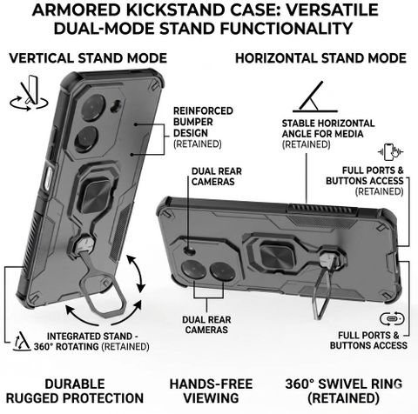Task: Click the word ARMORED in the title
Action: pos(77,10)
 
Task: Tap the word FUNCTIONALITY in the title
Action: pos(286,29)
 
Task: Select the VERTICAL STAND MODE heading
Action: pos(88,58)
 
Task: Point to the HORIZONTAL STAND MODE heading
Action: pos(320,58)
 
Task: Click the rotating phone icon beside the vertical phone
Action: pos(29,93)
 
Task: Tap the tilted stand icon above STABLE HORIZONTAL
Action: pos(315,97)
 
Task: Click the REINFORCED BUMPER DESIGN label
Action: pos(203,127)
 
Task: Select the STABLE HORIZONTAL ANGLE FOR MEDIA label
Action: pos(328,134)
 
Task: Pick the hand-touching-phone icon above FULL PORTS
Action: pos(391,151)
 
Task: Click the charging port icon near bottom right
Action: pos(392,319)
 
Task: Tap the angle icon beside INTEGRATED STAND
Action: pos(22,341)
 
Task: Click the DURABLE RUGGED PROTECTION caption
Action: pos(75,391)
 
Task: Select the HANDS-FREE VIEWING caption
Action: pos(211,391)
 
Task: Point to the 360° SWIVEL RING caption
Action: pos(344,391)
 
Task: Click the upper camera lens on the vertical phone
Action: pos(93,108)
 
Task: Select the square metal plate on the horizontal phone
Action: pos(275,256)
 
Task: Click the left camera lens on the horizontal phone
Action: pos(194,270)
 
